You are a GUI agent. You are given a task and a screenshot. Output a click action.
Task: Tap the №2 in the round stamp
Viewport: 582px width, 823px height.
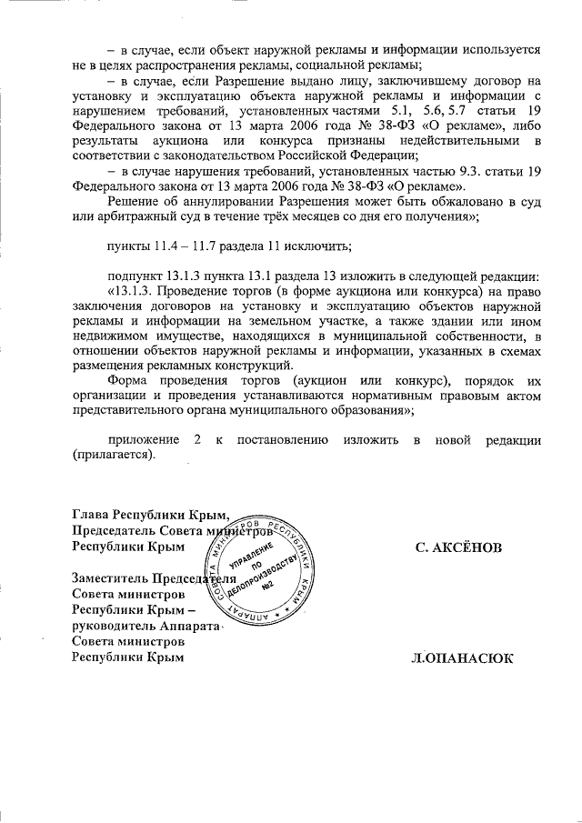click(x=269, y=584)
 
